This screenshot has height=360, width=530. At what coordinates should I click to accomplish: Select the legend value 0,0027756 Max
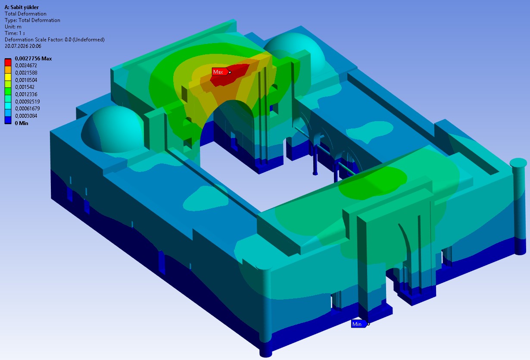tap(33, 59)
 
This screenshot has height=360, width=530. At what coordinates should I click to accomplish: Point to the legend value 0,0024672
tap(26, 66)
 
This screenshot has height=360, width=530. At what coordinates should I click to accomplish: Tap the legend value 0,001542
tap(25, 87)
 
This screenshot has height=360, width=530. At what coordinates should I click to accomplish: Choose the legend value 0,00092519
tap(27, 102)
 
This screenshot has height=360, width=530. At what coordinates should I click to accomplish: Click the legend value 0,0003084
tap(26, 116)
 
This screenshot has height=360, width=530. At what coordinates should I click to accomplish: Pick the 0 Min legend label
tap(21, 123)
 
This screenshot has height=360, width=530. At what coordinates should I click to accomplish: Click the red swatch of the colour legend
tap(8, 62)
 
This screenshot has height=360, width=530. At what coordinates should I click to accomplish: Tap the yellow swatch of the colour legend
tap(8, 77)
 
